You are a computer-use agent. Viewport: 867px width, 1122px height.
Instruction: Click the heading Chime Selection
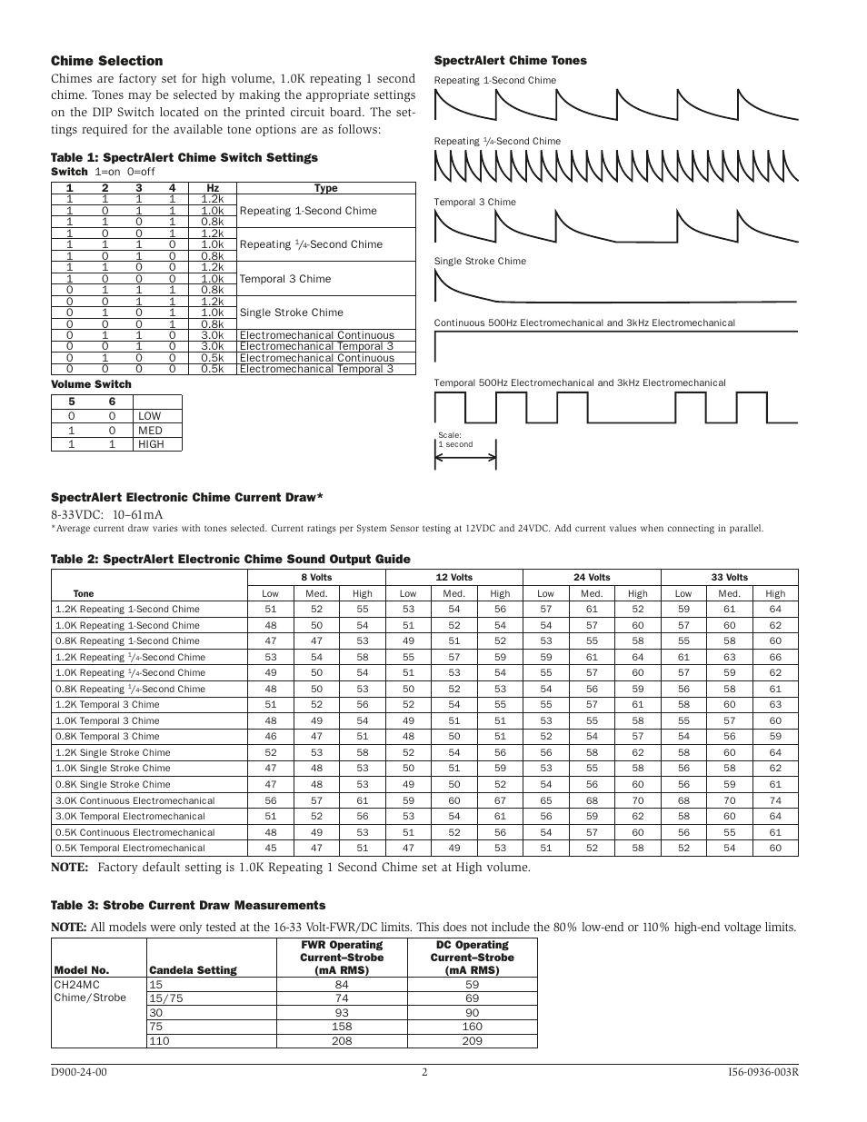[x=106, y=61]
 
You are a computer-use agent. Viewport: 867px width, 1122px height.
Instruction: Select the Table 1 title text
[x=184, y=157]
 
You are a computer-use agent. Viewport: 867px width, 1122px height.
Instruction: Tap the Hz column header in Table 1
[x=213, y=188]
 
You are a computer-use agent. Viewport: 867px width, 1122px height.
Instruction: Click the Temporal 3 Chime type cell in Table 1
[x=284, y=279]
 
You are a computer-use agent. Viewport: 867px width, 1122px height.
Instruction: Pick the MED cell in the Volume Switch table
[x=150, y=431]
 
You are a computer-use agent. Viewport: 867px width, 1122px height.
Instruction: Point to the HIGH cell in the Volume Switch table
[x=151, y=444]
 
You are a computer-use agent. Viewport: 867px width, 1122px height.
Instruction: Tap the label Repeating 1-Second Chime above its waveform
[x=494, y=80]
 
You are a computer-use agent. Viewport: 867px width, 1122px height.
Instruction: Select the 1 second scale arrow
[x=465, y=457]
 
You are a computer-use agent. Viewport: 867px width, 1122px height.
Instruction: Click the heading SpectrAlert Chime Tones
[x=510, y=61]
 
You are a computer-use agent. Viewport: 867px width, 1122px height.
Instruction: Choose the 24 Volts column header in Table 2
[x=592, y=577]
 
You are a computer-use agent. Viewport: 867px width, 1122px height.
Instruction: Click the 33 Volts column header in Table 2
[x=729, y=577]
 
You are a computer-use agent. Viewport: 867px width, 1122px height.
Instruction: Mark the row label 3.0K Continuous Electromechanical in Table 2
[x=135, y=800]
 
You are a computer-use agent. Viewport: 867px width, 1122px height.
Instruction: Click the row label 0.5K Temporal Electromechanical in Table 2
[x=130, y=848]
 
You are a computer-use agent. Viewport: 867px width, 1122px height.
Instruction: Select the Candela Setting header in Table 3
[x=192, y=969]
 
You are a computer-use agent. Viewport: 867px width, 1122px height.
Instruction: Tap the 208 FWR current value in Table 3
[x=341, y=1040]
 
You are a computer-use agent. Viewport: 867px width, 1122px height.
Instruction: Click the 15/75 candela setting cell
[x=165, y=998]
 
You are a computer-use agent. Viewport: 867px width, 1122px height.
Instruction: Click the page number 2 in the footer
[x=424, y=1072]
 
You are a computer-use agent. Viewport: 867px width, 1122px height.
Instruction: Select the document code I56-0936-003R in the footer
[x=756, y=1072]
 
